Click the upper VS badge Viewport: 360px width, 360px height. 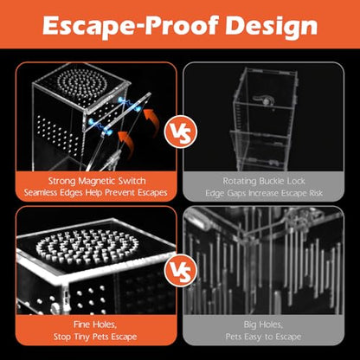(180, 132)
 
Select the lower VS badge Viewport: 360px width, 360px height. (180, 270)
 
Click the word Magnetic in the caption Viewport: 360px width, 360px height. (97, 181)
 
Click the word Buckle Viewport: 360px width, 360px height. (272, 181)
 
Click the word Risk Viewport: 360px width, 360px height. (316, 193)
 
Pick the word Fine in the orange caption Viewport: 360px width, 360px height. (80, 325)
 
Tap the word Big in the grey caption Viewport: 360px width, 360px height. (250, 325)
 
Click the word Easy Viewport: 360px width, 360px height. (254, 337)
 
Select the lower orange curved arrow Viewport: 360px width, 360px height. (128, 145)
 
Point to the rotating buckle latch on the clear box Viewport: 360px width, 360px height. (262, 100)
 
